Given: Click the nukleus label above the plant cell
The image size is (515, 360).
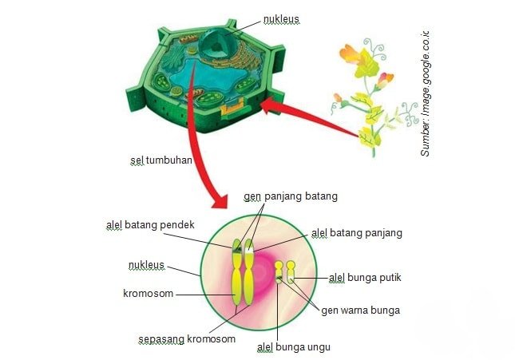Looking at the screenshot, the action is tap(281, 19).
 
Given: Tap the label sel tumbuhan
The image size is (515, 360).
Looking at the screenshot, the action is tap(161, 160).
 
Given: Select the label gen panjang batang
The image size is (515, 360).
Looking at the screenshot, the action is tap(291, 196).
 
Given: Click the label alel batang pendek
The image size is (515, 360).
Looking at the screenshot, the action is tap(150, 224).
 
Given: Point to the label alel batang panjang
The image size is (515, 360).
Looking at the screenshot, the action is tap(357, 233).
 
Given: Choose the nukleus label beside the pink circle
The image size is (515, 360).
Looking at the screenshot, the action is tap(146, 265).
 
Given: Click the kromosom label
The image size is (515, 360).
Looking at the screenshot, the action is tap(149, 293).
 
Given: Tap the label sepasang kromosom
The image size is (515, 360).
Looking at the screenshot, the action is tap(187, 339).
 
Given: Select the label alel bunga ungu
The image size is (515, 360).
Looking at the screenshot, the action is tap(294, 347).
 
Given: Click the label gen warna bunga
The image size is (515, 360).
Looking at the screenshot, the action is tap(360, 311).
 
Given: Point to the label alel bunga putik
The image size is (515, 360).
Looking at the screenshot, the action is tap(365, 278).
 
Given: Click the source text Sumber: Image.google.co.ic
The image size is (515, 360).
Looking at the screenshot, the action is tap(425, 93).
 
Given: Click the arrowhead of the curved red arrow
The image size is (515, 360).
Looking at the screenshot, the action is tap(220, 200).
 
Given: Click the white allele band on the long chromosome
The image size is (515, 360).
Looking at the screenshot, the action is tap(249, 250).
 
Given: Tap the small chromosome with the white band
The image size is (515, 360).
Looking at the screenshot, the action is tap(291, 272).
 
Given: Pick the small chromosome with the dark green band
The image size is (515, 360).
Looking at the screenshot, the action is tap(279, 272).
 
